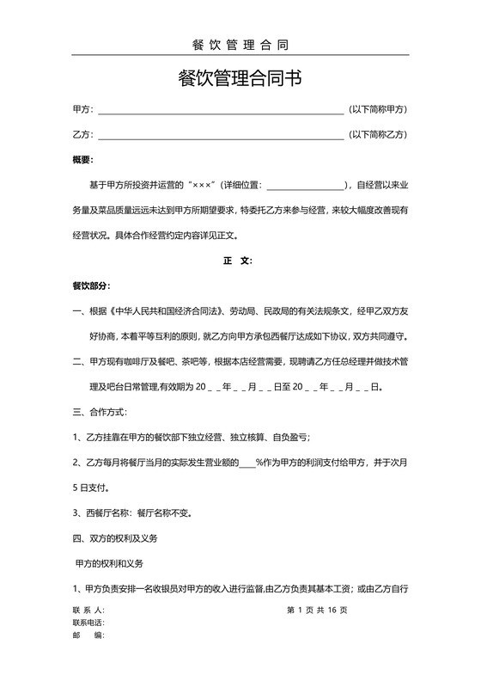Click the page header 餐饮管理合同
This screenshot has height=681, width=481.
pos(240,45)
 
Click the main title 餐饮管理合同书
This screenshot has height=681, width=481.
pos(240,79)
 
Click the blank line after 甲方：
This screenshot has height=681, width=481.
pos(221,111)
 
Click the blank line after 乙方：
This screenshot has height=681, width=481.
pos(221,136)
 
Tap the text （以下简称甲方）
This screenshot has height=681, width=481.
pos(377,110)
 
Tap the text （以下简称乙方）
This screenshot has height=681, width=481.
pos(377,135)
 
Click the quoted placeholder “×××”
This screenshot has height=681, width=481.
pos(202,185)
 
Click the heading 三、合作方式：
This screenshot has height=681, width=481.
pos(104,411)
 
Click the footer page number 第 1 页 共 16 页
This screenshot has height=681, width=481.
pos(317,610)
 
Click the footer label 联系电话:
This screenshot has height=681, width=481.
pos(88,623)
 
